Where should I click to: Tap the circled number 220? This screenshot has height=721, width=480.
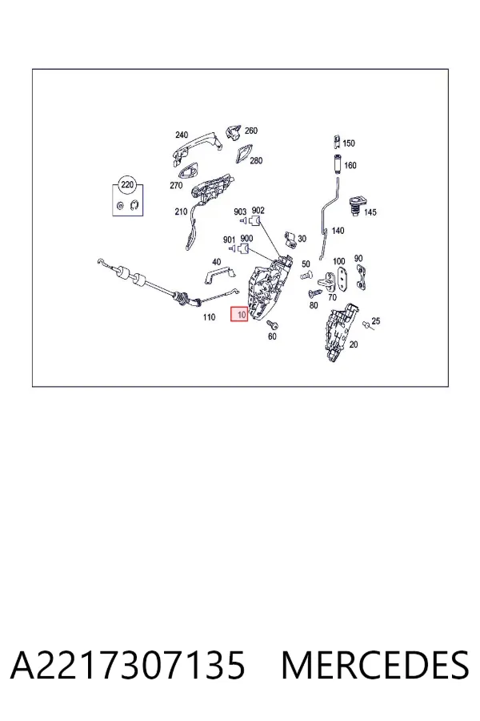point(127,185)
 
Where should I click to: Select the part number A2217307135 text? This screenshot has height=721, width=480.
point(128,665)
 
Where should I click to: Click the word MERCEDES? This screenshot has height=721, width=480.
point(375,665)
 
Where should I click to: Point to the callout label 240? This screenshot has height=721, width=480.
point(182,135)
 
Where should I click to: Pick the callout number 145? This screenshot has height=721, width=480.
point(370,212)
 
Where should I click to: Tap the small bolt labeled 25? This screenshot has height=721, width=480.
point(366,325)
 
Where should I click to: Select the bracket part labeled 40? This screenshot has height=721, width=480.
point(219,276)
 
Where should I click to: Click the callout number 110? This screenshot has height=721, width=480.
point(209,317)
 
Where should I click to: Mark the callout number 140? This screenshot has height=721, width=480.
point(338,231)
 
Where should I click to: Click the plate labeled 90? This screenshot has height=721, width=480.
point(361,278)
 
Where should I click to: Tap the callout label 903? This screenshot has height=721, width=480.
point(240,211)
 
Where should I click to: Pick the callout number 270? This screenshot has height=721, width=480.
point(176,186)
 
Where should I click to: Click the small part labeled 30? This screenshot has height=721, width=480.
point(290,238)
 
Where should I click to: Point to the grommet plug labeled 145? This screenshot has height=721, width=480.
point(357,204)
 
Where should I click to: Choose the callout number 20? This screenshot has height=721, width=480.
point(354,344)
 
